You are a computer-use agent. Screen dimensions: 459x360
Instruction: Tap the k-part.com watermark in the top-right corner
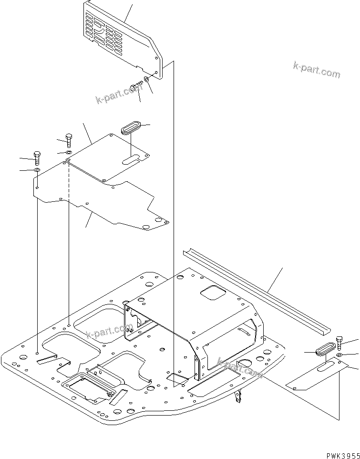tap(317, 70)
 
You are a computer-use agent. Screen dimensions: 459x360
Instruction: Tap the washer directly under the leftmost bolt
tap(37, 170)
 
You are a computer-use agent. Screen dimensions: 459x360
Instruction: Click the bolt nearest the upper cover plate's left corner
tap(68, 139)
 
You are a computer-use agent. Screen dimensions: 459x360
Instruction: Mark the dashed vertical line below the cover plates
tap(69, 239)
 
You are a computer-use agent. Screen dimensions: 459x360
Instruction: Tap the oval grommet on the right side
tap(325, 348)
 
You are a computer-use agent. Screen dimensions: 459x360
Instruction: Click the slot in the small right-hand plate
tap(327, 367)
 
